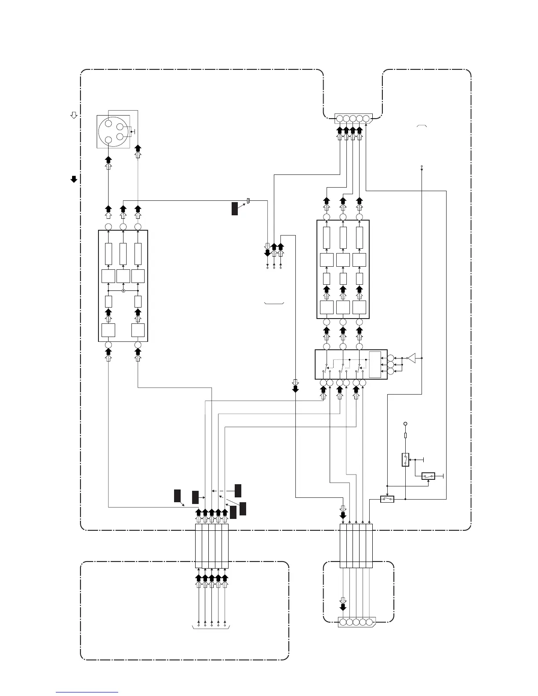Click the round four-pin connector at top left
113,131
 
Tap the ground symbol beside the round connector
134,131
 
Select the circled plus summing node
123,291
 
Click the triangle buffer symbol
411,359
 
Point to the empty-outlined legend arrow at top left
74,115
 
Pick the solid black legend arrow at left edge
74,179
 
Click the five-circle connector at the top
353,118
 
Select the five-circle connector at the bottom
356,622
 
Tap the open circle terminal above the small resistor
405,424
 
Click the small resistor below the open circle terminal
405,435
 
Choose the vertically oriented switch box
405,460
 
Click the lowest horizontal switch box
387,499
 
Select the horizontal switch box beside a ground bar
428,476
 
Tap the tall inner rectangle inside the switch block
375,365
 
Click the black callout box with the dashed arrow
238,490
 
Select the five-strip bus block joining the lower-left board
211,546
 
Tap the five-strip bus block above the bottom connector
356,546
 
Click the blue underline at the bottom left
87,692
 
